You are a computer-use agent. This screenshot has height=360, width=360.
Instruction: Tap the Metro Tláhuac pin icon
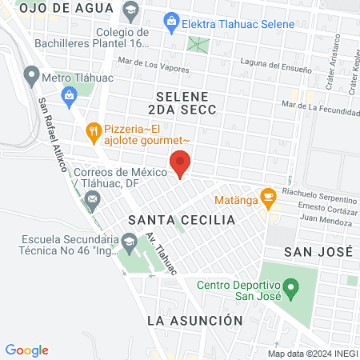32,76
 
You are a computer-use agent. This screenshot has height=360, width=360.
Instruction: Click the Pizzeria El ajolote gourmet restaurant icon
94,130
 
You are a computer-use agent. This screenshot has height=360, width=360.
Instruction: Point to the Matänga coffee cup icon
268,194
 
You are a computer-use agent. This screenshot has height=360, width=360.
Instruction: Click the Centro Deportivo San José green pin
291,286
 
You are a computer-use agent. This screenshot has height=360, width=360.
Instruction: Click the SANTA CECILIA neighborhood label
182,219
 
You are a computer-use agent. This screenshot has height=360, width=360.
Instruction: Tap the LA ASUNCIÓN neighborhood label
195,320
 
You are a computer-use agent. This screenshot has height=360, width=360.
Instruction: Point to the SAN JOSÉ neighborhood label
319,250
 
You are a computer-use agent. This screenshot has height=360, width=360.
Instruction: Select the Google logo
27,350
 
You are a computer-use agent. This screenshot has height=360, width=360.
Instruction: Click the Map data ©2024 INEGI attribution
312,354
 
